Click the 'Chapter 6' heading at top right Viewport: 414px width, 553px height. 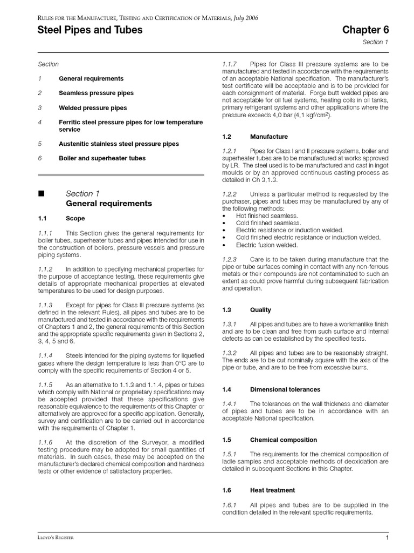tap(365, 30)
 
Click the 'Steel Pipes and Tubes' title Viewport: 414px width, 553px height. tap(90, 30)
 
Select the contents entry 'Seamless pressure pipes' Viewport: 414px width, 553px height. tap(96, 93)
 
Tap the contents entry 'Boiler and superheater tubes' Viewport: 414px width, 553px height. tap(102, 158)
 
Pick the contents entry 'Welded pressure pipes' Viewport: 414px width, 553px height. tap(93, 107)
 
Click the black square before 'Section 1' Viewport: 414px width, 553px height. tap(40, 194)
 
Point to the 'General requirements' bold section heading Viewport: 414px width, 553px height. tap(108, 204)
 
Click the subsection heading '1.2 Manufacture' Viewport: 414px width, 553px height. tap(255, 137)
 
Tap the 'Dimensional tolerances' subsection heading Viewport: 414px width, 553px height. tap(285, 389)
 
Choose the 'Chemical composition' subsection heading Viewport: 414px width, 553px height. tap(283, 440)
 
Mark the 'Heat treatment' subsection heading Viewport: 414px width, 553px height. tap(272, 490)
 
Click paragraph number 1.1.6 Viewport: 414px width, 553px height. tap(45, 442)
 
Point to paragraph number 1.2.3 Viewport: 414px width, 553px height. tap(230, 259)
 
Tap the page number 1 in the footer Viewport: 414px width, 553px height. tap(387, 538)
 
